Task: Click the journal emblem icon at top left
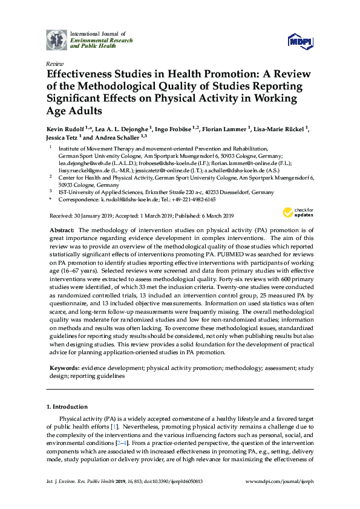coord(57,39)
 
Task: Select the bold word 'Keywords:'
coord(64,367)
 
